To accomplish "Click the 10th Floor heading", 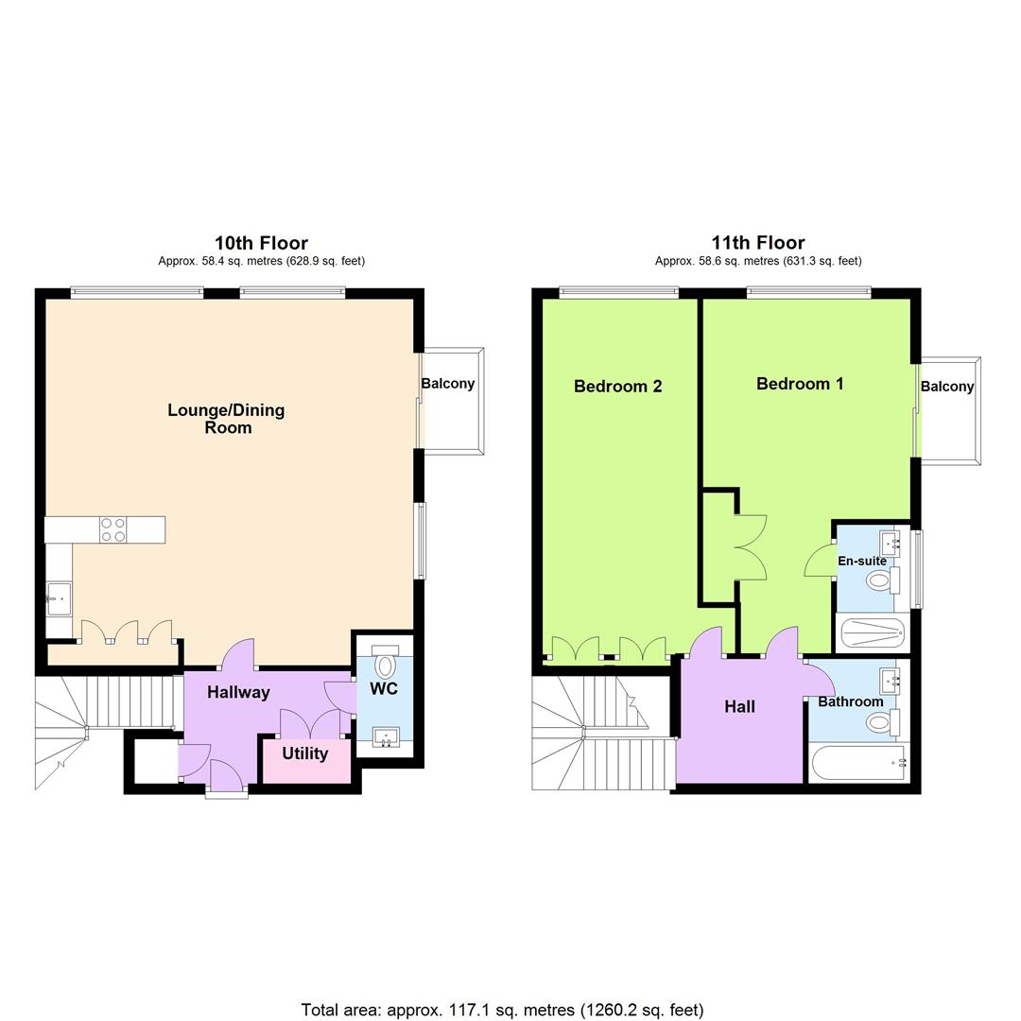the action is coord(261,244).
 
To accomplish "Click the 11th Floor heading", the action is coord(758,244).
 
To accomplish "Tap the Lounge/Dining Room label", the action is coord(227,419).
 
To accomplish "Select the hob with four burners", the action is coord(112,530).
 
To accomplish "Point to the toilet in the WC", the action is coord(385,661).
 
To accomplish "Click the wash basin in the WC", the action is coord(386,737).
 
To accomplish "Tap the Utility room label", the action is coord(304,753).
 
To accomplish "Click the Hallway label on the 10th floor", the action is coord(238,692).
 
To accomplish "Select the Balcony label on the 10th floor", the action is coord(448,384).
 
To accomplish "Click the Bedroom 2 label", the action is coord(618,386).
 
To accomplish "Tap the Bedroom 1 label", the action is coord(800,384).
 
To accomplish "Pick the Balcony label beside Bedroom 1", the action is coord(947,386).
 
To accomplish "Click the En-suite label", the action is coord(862,561).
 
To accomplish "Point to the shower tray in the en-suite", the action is coord(873,632).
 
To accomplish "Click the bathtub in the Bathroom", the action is coord(859,763).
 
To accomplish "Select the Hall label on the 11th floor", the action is coord(739,706).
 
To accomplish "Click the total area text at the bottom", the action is coord(502,1010).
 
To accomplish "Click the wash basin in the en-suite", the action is coord(891,541).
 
